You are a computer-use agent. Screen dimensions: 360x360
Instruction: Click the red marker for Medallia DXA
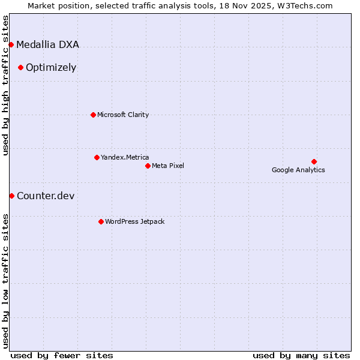coord(11,44)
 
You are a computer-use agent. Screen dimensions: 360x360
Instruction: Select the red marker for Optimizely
coord(20,67)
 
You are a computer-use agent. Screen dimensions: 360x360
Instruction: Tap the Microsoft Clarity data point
coord(93,115)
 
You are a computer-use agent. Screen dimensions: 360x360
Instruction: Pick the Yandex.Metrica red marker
coord(97,157)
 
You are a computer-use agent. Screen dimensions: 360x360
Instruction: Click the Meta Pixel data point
coord(148,166)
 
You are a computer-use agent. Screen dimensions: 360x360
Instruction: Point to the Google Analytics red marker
coord(314,161)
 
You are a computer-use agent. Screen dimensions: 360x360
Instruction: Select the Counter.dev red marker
coord(11,196)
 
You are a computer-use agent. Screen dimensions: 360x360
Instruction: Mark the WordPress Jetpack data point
coord(101,221)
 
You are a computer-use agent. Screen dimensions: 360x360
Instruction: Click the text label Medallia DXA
coord(47,44)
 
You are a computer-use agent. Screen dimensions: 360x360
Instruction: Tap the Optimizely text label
coord(51,67)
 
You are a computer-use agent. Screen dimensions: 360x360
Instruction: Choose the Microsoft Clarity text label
coord(123,115)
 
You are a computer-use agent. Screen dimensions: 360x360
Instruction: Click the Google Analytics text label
coord(298,170)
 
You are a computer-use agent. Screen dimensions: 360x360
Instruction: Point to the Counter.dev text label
coord(46,196)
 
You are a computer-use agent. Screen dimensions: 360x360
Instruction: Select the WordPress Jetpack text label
coord(134,221)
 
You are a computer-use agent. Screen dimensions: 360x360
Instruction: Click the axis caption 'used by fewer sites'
coord(62,355)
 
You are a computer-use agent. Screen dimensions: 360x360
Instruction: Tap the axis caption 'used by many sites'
coord(301,355)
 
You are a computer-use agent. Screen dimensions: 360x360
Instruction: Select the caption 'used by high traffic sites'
coord(5,85)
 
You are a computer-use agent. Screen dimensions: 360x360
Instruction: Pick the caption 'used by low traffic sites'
coord(5,281)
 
